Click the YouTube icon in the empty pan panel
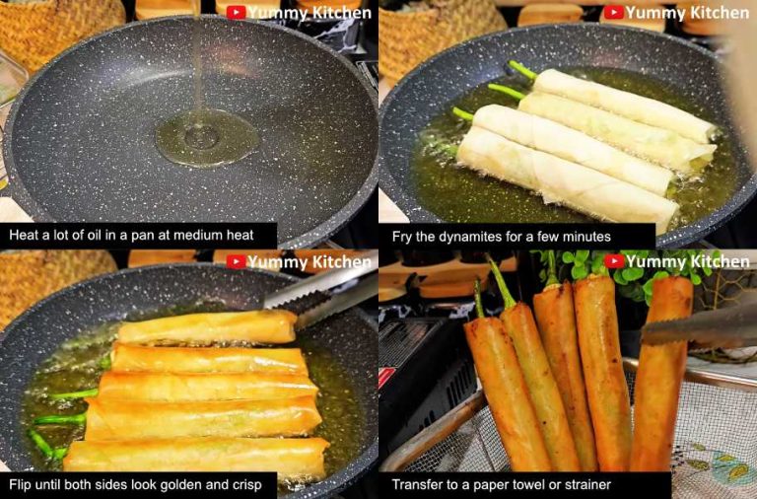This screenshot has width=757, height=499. click(236, 13)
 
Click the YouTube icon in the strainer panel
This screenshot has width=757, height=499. click(614, 261)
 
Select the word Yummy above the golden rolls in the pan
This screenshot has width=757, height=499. click(275, 262)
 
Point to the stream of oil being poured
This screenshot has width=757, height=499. click(198, 59)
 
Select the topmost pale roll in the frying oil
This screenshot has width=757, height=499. click(621, 104)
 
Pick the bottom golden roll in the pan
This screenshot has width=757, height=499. click(197, 457)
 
